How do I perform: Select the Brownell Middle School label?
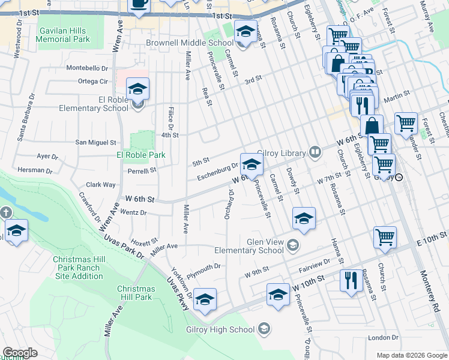pyautogui.click(x=190, y=43)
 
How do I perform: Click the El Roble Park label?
pyautogui.click(x=140, y=155)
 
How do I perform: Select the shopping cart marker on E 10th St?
pyautogui.click(x=385, y=236)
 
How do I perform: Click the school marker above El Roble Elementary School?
pyautogui.click(x=137, y=89)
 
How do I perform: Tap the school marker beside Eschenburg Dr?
pyautogui.click(x=251, y=163)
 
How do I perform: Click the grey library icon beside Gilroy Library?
pyautogui.click(x=315, y=152)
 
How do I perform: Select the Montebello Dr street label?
pyautogui.click(x=87, y=68)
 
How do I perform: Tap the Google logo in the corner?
pyautogui.click(x=20, y=353)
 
